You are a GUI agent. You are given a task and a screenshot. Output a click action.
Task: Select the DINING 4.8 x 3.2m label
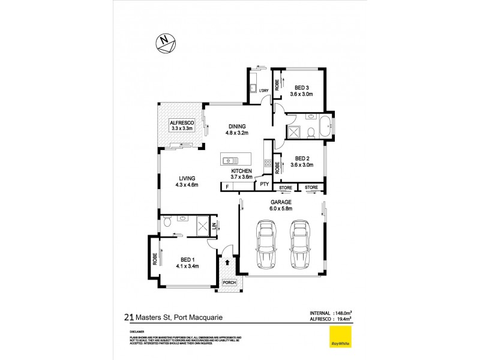click(238, 130)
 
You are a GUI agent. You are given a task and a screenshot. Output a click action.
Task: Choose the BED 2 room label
click(302, 161)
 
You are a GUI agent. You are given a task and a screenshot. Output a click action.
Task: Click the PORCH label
click(229, 283)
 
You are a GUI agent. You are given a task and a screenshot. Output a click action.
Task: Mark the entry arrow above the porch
click(229, 262)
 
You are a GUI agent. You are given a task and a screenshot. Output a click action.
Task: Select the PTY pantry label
click(263, 184)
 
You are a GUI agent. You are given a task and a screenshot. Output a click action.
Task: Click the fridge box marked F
click(227, 187)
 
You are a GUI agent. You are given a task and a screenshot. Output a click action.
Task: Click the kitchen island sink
click(229, 161)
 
